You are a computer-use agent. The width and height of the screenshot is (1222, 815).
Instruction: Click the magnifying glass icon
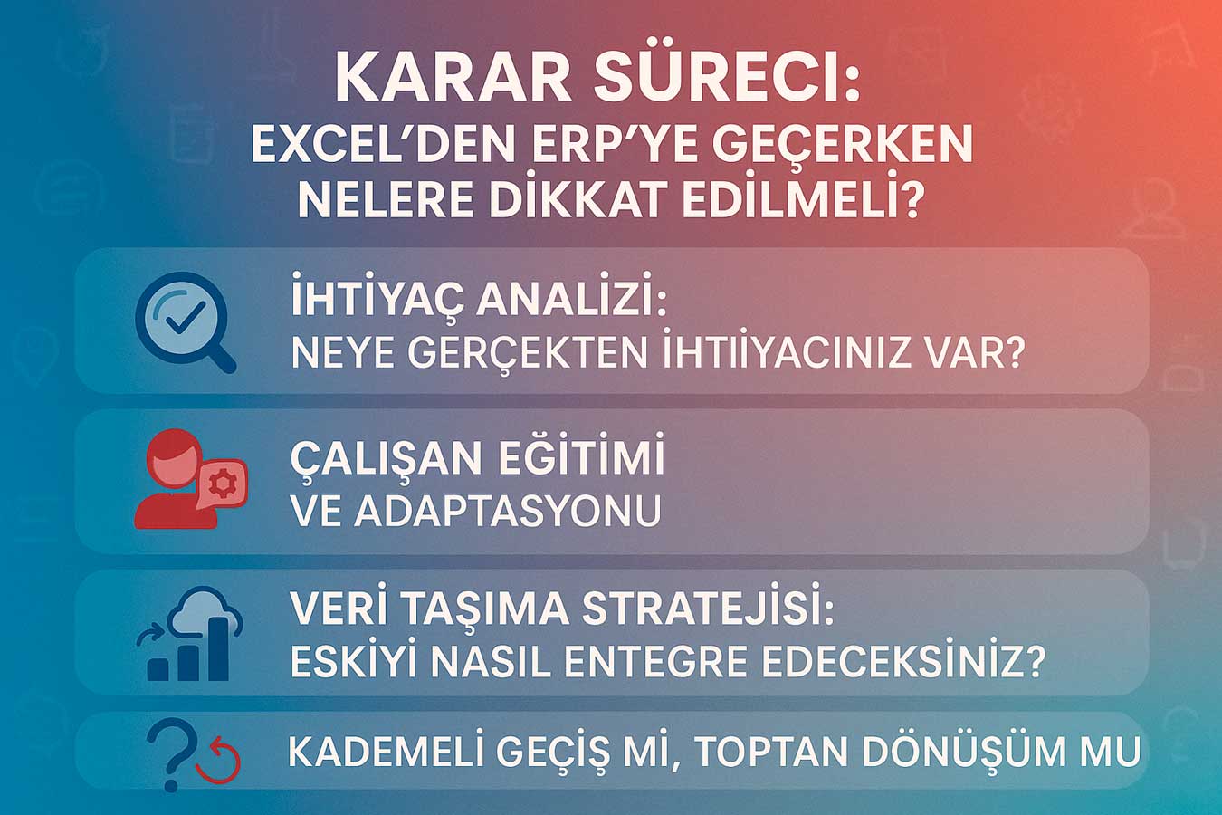(x=186, y=321)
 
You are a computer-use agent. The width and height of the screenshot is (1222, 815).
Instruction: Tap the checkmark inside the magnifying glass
(x=185, y=318)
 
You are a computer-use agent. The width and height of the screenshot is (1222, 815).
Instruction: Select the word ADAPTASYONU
(x=508, y=511)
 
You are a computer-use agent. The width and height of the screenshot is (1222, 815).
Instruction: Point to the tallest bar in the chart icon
(x=219, y=649)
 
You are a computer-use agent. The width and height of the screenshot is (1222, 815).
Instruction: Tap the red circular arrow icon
(x=218, y=760)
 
